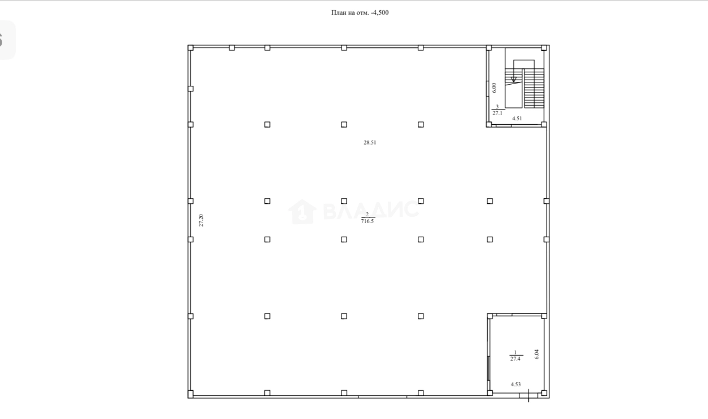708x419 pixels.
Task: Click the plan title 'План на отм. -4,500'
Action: point(360,12)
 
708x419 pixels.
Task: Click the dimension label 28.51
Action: point(370,143)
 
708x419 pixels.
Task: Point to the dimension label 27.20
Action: point(201,220)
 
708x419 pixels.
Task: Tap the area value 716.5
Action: point(368,221)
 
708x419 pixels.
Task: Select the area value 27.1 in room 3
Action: point(497,113)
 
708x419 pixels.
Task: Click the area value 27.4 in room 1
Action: point(515,359)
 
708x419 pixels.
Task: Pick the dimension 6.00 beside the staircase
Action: point(495,88)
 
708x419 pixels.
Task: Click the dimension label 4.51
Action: point(517,119)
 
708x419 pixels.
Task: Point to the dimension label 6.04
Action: point(536,354)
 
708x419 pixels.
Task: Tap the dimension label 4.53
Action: point(516,385)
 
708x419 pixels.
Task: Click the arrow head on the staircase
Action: point(514,80)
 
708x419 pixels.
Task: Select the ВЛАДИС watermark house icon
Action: point(302,212)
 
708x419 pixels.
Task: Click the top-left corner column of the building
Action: point(191,48)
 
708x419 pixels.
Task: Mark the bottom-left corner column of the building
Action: point(191,394)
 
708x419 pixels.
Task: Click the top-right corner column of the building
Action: point(544,48)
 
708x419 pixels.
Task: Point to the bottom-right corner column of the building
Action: point(544,393)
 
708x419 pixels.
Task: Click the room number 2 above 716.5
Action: point(367,215)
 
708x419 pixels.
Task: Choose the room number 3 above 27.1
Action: point(497,107)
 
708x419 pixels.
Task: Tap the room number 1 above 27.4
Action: point(515,352)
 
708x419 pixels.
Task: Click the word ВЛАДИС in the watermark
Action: point(371,210)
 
